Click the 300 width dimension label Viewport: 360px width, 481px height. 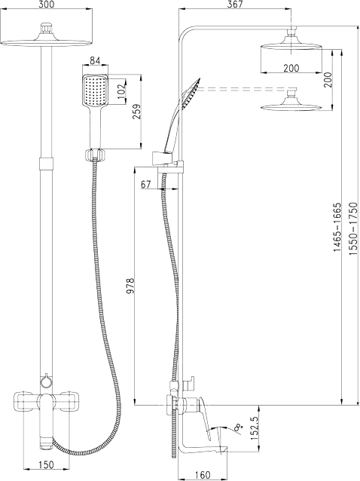pos(47,5)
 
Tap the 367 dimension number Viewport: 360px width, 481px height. pos(235,5)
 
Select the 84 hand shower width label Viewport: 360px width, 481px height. pos(96,61)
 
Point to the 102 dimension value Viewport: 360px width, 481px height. pos(122,90)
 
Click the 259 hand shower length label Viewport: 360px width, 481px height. pos(137,112)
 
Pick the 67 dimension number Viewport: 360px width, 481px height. pos(146,185)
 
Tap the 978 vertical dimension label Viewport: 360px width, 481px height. pos(130,286)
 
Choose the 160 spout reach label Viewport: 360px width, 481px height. pos(203,475)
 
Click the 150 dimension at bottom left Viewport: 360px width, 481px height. pos(47,464)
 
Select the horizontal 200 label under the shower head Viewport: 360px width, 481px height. pos(291,68)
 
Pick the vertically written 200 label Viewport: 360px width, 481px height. pos(328,80)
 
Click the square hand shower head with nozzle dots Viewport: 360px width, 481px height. pos(95,90)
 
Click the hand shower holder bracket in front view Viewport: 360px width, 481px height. pos(95,154)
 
